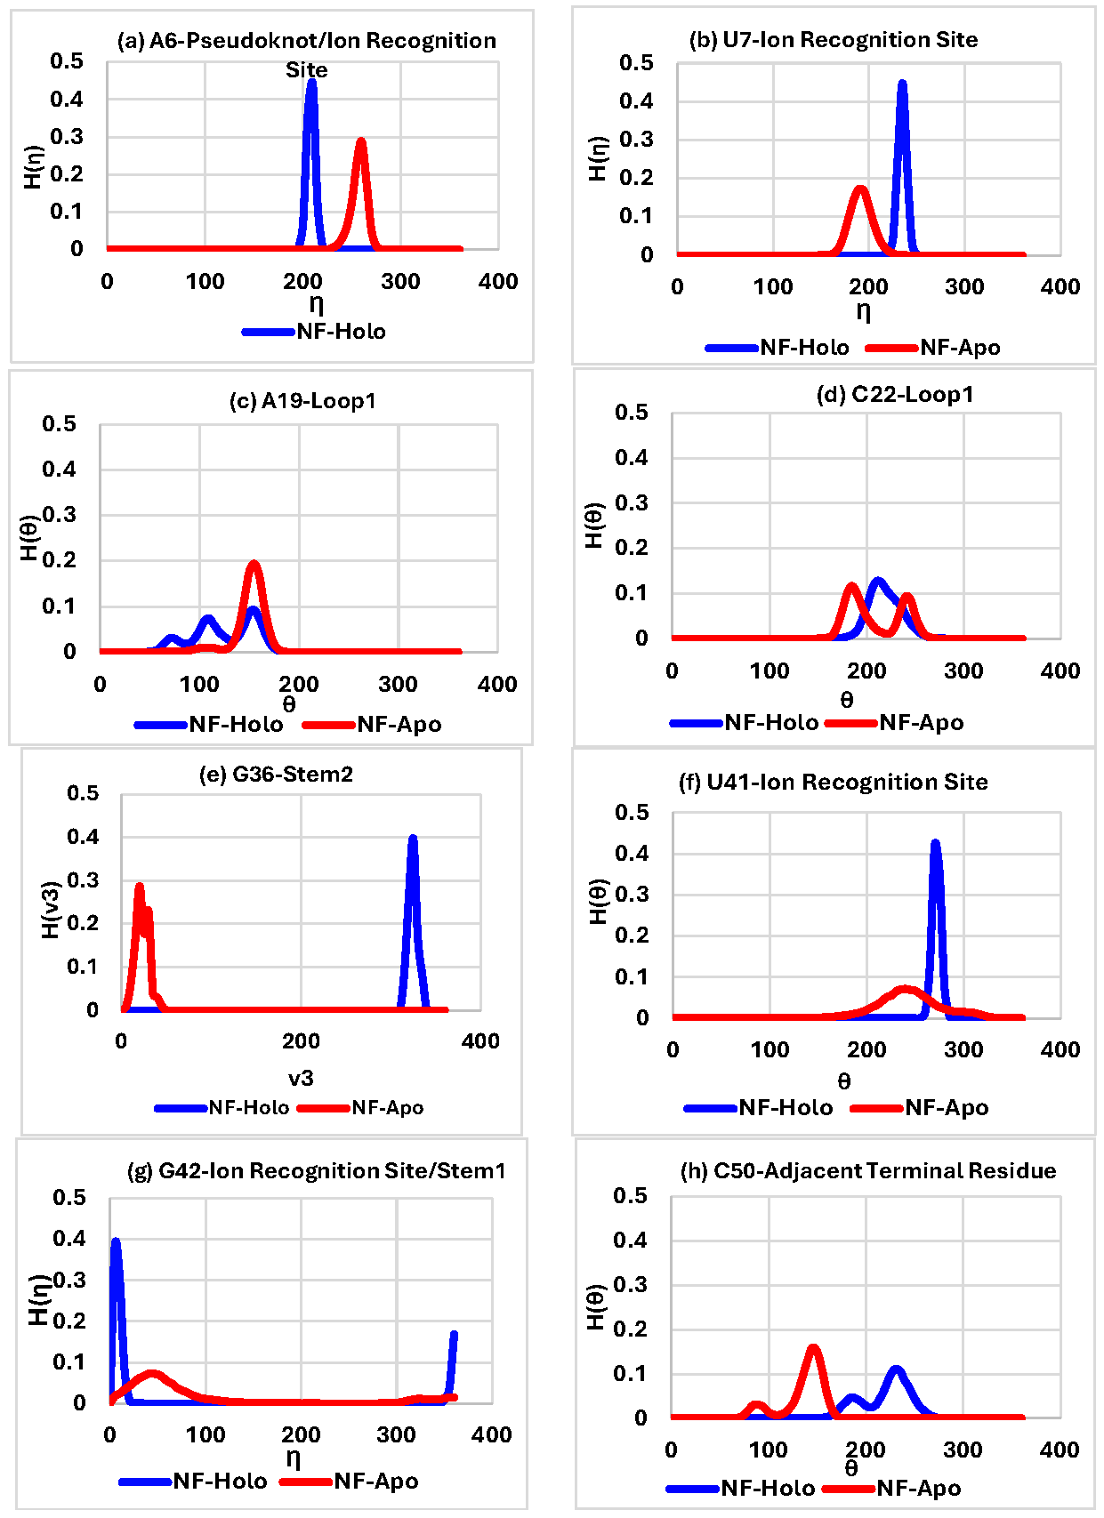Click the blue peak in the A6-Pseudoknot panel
point(311,83)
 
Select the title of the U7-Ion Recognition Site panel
point(833,40)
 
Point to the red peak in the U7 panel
point(860,189)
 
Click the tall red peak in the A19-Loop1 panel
point(254,565)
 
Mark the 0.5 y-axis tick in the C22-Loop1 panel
point(631,413)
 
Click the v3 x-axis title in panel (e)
point(301,1079)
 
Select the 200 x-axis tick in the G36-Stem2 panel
point(301,1041)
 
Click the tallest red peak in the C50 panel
point(813,1349)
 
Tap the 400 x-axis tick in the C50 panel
point(1059,1450)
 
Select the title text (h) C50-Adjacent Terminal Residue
point(867,1171)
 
